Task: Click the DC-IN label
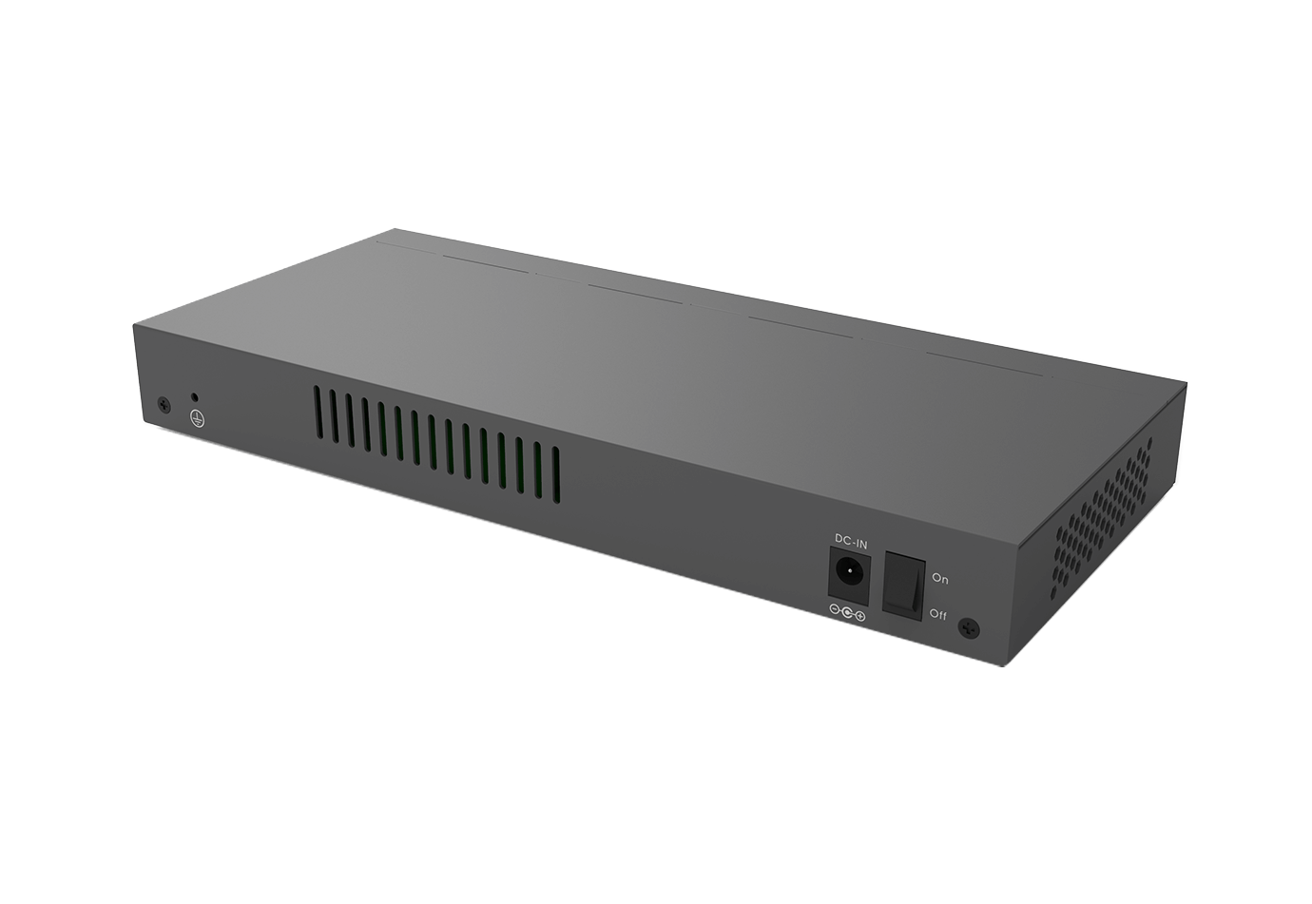(851, 542)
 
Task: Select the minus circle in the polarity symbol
(835, 613)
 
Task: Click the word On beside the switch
(939, 578)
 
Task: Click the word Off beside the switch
(937, 615)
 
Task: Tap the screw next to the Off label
(969, 627)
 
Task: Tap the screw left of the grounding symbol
(164, 404)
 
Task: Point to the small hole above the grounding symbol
(195, 396)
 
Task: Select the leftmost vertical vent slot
(317, 414)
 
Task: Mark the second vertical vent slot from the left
(334, 418)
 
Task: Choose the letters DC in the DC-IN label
(841, 540)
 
